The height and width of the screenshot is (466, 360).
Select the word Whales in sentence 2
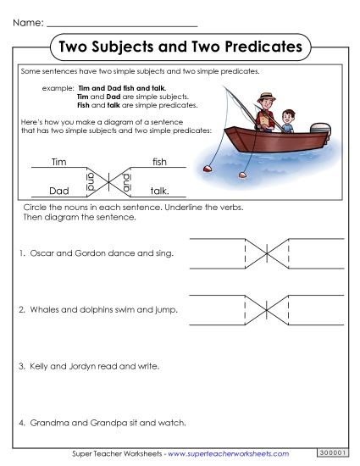pyautogui.click(x=43, y=309)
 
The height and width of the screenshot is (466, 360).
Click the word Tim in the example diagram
pyautogui.click(x=58, y=162)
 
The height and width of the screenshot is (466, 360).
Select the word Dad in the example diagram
pyautogui.click(x=58, y=191)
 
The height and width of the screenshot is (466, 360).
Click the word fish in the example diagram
pyautogui.click(x=159, y=162)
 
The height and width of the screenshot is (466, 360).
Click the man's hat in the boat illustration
pyautogui.click(x=266, y=97)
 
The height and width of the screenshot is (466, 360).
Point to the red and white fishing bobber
pyautogui.click(x=208, y=169)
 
